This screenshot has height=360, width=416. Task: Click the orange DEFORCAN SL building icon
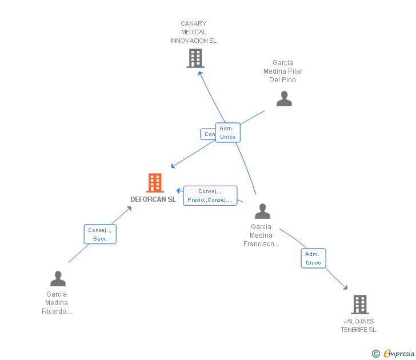pyautogui.click(x=155, y=183)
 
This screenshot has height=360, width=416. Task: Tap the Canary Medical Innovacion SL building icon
pyautogui.click(x=195, y=58)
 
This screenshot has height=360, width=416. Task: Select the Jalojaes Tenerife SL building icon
pyautogui.click(x=359, y=305)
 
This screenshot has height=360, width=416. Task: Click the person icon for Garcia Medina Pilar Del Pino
pyautogui.click(x=284, y=99)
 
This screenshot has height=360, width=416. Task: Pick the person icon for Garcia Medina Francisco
pyautogui.click(x=262, y=211)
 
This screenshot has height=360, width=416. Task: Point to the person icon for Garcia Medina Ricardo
pyautogui.click(x=58, y=279)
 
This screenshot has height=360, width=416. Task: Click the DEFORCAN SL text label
pyautogui.click(x=153, y=199)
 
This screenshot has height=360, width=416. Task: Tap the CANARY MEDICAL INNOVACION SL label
pyautogui.click(x=194, y=33)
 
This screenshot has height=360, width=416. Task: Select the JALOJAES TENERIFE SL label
pyautogui.click(x=359, y=326)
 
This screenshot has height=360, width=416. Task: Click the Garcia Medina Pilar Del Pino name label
pyautogui.click(x=283, y=71)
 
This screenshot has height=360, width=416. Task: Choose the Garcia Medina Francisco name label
pyautogui.click(x=261, y=235)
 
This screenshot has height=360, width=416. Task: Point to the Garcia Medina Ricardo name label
pyautogui.click(x=57, y=303)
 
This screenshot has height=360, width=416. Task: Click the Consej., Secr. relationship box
pyautogui.click(x=100, y=234)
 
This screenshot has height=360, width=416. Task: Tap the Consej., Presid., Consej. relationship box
pyautogui.click(x=210, y=195)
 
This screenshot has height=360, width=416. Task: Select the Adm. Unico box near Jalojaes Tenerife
pyautogui.click(x=313, y=258)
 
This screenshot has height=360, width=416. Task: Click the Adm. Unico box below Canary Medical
pyautogui.click(x=227, y=133)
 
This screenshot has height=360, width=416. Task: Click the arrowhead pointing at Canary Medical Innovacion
pyautogui.click(x=199, y=74)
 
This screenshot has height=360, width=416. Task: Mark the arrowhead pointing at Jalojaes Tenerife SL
pyautogui.click(x=345, y=287)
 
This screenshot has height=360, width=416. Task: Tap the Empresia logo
pyautogui.click(x=399, y=354)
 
